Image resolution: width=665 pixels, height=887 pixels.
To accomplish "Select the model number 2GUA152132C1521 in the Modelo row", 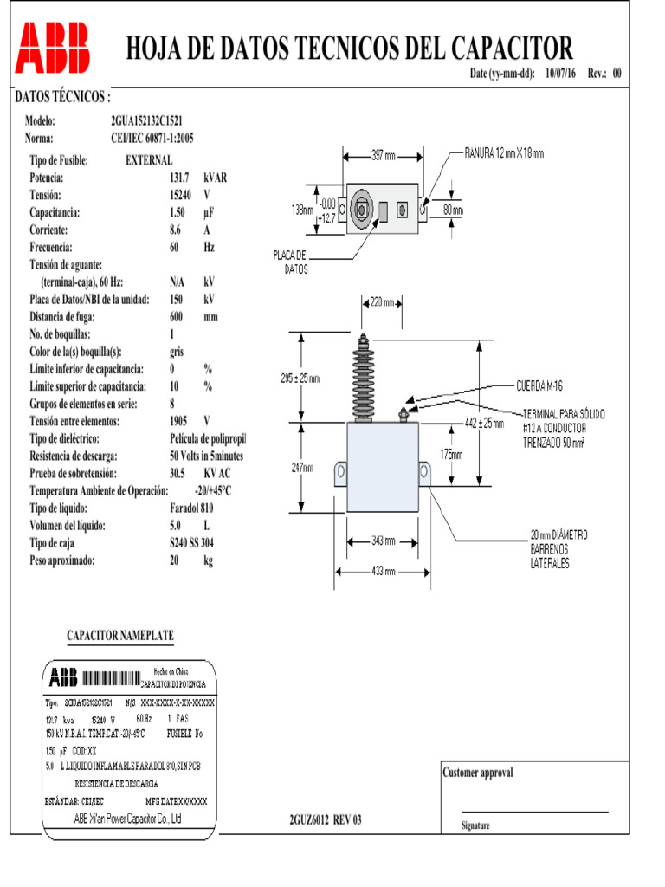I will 146,121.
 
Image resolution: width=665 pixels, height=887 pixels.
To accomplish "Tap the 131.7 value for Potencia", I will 179,178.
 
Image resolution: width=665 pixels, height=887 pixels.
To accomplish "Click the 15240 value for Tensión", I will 180,195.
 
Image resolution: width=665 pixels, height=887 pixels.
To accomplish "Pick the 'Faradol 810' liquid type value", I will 191,508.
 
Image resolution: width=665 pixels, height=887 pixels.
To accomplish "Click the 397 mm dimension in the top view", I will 383,157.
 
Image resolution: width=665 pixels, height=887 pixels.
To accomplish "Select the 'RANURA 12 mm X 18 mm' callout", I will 504,154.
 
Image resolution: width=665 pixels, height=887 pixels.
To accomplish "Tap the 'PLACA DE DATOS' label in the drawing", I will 290,262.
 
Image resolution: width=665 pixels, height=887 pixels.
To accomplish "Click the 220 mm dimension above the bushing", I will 381,303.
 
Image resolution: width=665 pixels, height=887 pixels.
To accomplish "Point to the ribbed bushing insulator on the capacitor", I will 363,377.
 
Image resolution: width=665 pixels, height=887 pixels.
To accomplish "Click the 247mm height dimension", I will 302,468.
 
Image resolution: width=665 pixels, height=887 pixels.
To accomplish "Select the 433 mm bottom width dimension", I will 383,572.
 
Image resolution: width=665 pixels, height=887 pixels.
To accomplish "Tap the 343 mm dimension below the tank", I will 383,541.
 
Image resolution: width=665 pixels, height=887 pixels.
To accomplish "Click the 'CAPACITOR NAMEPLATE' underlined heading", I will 120,636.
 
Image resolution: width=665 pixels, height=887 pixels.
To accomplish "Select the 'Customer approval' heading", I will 477,773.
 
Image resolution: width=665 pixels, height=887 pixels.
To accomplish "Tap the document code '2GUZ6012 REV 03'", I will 325,819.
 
